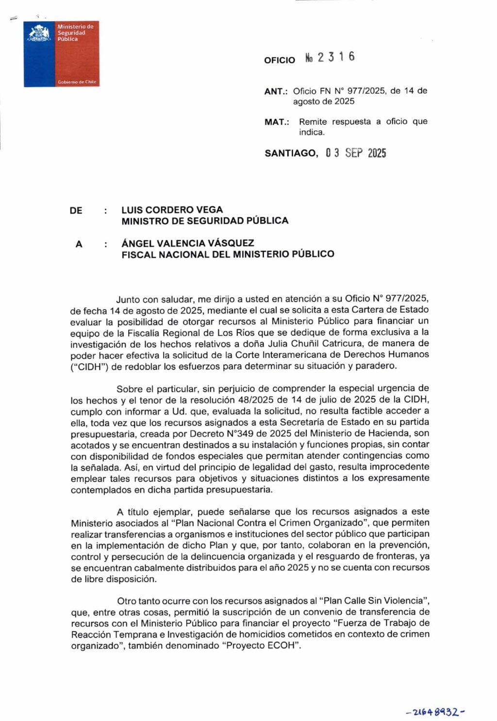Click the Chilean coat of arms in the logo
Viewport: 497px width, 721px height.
tap(39, 33)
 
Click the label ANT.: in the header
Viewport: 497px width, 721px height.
tap(276, 91)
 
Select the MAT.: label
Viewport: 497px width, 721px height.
tap(277, 122)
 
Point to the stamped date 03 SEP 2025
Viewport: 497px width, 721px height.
tap(356, 153)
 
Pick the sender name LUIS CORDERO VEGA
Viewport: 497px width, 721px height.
tap(172, 210)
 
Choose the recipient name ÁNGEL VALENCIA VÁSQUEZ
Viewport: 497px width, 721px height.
tap(188, 243)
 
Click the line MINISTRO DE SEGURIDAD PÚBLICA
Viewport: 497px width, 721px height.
tap(205, 221)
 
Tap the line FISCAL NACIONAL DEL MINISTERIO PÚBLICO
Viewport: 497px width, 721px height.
tap(228, 254)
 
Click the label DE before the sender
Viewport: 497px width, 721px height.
tap(76, 210)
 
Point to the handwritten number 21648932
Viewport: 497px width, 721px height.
tap(435, 712)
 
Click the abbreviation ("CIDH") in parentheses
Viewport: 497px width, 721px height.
tap(89, 367)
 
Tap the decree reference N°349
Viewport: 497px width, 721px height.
tap(224, 433)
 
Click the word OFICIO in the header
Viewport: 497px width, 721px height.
tap(280, 60)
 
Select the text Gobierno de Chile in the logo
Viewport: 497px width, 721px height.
tap(77, 82)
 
